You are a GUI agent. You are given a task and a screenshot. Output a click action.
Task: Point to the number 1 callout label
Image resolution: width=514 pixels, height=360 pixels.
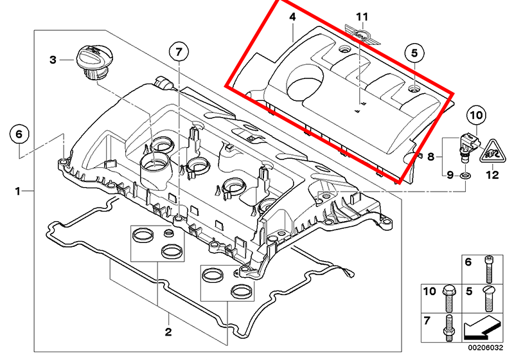(x=19, y=191)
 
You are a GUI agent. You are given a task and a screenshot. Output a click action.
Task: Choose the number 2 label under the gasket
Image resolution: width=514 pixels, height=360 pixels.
(x=169, y=332)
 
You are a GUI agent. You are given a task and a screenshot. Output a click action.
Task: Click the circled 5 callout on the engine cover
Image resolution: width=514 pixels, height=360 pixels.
(x=414, y=53)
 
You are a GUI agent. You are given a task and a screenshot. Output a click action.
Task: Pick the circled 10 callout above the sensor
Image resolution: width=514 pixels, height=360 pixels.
(x=475, y=116)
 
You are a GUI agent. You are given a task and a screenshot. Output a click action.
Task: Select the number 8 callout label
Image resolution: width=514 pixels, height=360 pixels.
(x=430, y=156)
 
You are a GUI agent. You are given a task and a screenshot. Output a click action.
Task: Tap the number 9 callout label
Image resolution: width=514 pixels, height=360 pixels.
(x=449, y=175)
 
